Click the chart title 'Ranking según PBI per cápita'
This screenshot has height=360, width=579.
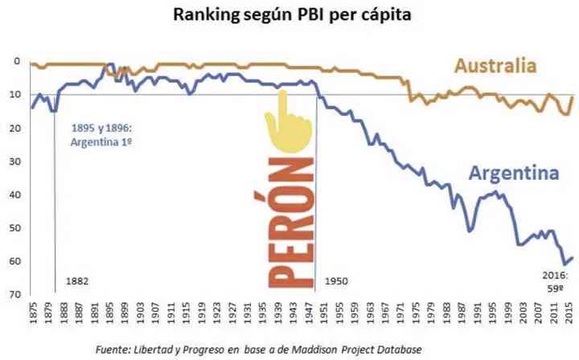click(x=289, y=17)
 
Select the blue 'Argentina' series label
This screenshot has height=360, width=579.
click(x=513, y=174)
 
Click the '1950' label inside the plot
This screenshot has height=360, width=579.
click(x=336, y=282)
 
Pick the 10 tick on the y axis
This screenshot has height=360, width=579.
click(x=14, y=95)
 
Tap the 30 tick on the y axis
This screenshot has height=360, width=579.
click(x=14, y=162)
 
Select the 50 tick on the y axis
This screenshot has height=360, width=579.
click(x=14, y=228)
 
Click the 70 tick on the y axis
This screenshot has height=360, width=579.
click(x=14, y=295)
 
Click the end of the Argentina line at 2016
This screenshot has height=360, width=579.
click(x=572, y=257)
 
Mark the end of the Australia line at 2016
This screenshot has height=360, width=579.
click(x=572, y=97)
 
